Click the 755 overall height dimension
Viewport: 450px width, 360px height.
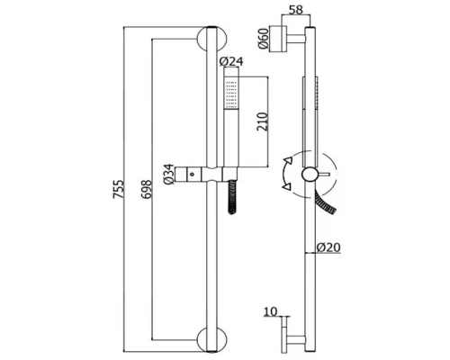coord(118,189)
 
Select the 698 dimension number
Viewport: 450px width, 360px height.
coord(147,189)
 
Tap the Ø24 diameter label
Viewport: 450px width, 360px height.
coord(231,62)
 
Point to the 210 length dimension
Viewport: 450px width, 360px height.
coord(262,121)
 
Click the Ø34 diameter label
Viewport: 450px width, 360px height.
coord(169,174)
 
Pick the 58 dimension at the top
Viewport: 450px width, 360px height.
coord(296,10)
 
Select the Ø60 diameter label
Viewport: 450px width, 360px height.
coord(263,39)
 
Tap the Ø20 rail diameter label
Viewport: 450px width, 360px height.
coord(328,247)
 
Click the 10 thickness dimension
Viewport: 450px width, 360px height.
coord(271,311)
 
